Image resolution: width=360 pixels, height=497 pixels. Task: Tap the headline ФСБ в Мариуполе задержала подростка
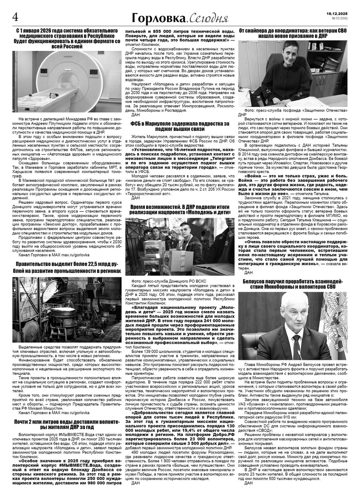tap(180, 126)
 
